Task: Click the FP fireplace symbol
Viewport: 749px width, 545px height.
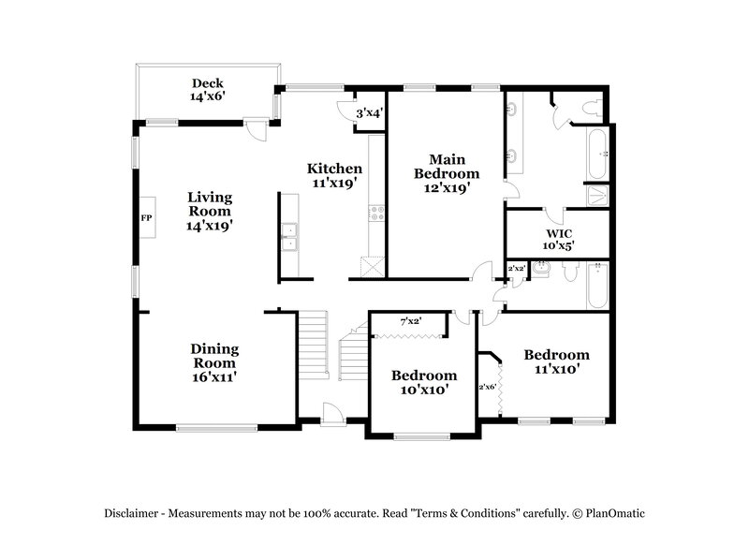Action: coord(146,218)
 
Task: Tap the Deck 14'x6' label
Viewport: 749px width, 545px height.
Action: coord(207,89)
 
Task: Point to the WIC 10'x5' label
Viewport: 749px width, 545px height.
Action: coord(559,239)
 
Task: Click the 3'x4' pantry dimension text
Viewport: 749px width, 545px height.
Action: coord(370,113)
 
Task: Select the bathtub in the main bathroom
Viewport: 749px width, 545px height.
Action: coord(596,153)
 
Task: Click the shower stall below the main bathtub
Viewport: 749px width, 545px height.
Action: coord(596,195)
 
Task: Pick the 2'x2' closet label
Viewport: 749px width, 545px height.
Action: coord(515,269)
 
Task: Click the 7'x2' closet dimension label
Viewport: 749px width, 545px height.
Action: coord(410,321)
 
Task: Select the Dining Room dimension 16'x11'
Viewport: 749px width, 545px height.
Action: coord(215,376)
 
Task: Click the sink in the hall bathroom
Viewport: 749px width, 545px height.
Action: coord(540,271)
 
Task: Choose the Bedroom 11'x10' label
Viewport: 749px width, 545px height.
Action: coord(556,361)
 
